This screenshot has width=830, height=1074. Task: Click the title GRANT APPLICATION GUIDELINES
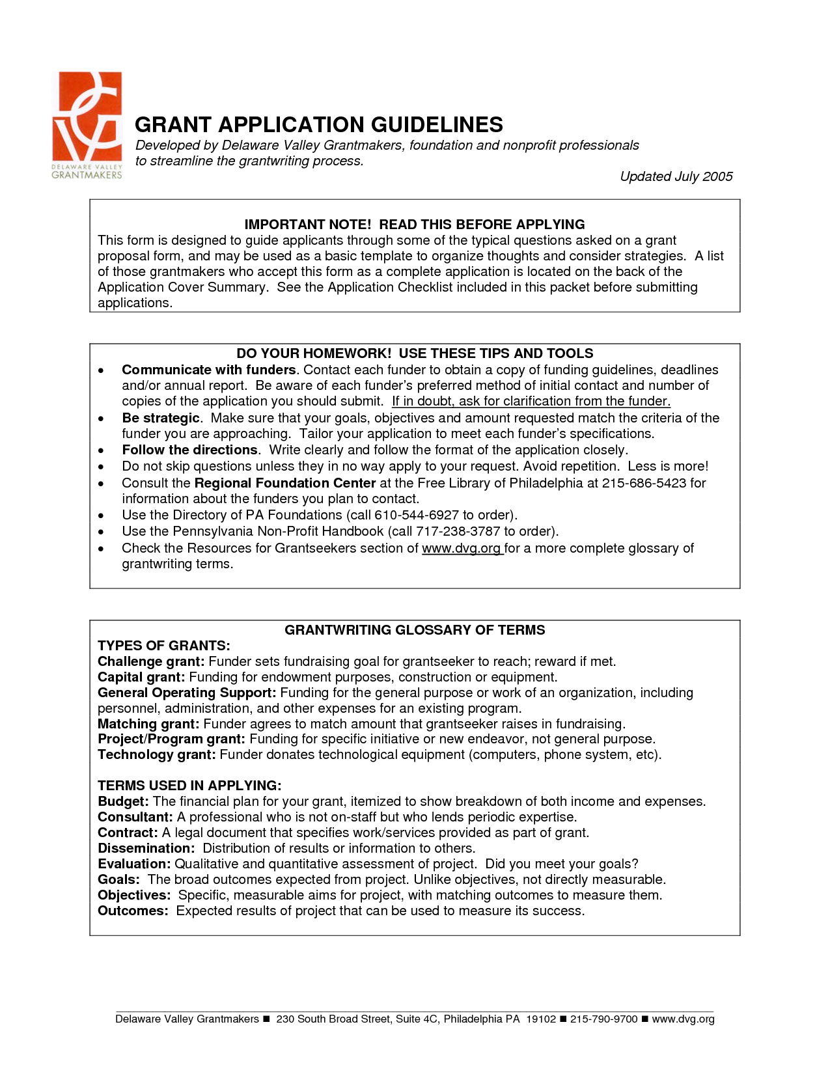(318, 124)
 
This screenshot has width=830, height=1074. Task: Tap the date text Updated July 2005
(676, 176)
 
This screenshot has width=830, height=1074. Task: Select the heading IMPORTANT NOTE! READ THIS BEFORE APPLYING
(414, 225)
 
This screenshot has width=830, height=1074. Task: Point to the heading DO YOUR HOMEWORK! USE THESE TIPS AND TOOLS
(414, 353)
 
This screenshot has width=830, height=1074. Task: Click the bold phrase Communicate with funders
(208, 370)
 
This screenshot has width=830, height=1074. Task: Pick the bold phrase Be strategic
(160, 418)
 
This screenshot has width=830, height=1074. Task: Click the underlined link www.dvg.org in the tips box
(462, 548)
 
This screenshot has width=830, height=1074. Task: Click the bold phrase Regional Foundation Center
(284, 483)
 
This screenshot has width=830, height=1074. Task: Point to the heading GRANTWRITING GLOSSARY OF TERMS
(415, 630)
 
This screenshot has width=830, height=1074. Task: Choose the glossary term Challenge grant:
(151, 661)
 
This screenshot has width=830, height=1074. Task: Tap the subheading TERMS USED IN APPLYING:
(189, 786)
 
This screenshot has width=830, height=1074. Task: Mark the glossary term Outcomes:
(133, 911)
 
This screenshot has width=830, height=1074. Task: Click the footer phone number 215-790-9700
(603, 1019)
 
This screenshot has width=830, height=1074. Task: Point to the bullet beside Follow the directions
(101, 450)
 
